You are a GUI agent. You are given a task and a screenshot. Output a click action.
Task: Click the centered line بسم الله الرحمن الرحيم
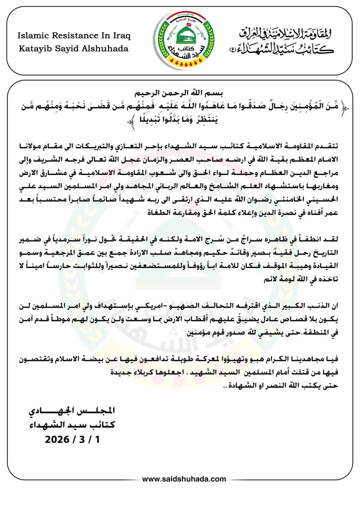point(180,93)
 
